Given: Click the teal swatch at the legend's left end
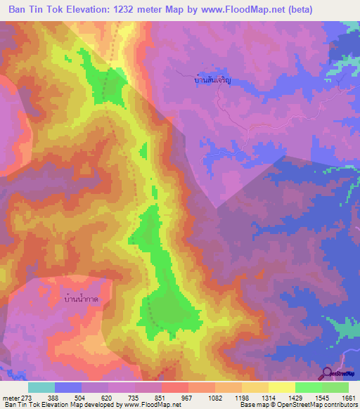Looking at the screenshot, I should click(41, 387).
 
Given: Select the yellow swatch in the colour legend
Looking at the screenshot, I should click(281, 387).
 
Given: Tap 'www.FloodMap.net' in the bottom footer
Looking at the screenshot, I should click(151, 405).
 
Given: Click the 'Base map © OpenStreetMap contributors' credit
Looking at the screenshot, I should click(298, 405).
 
